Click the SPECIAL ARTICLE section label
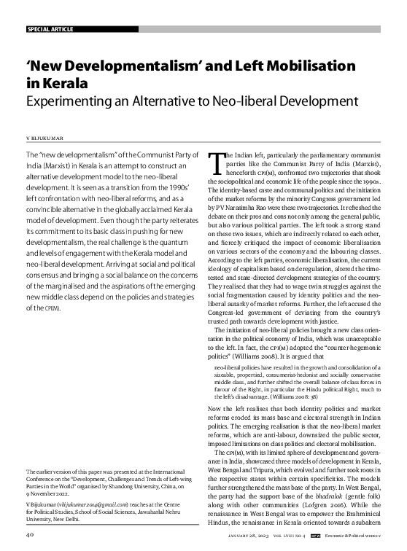click(x=51, y=29)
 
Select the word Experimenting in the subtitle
click(x=67, y=100)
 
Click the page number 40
click(x=30, y=534)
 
